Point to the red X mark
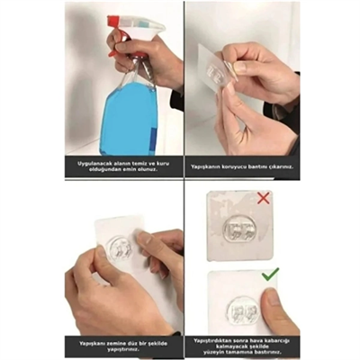click(x=262, y=197)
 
